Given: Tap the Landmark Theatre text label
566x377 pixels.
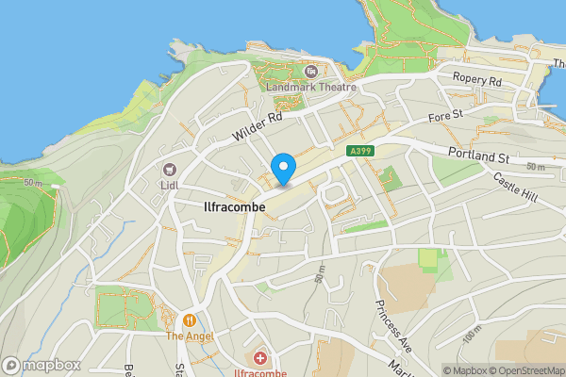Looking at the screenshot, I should pos(310,86).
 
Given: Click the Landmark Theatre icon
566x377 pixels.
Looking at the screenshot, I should pos(310,71).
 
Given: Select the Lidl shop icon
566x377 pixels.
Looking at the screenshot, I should pos(170,170).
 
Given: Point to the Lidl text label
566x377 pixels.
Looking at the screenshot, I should pos(170,185).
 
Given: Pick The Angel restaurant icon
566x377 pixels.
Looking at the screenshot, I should pos(190,320).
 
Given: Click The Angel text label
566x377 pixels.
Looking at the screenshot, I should pos(190,336).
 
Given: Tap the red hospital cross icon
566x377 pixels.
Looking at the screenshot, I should pos(260,358).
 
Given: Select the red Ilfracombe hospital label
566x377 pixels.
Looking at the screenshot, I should pos(260,371).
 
